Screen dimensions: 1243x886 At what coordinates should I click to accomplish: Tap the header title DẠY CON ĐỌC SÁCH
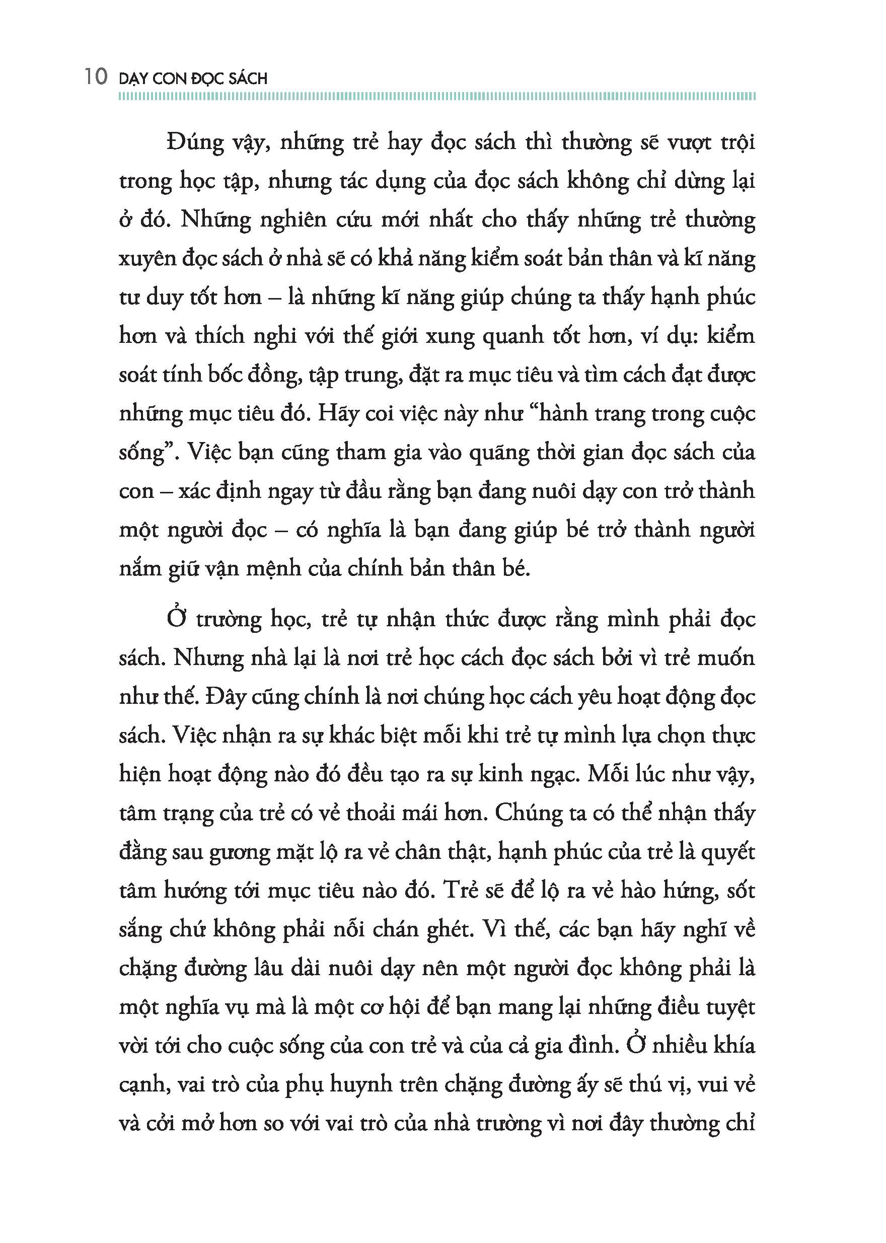click(x=193, y=79)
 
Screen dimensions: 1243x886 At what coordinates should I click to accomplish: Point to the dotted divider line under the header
click(x=436, y=97)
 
